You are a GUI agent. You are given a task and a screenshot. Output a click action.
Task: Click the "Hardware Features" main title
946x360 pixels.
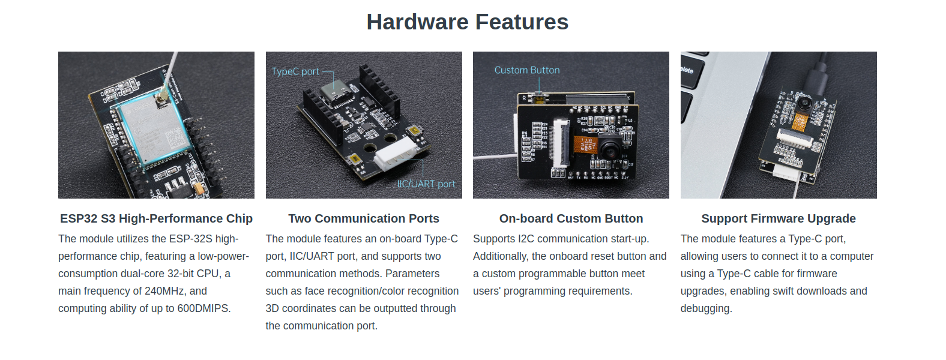[467, 22]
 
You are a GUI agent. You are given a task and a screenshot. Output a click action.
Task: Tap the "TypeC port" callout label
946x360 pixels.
[295, 72]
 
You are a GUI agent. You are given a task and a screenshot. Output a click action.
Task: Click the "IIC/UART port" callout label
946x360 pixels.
[426, 184]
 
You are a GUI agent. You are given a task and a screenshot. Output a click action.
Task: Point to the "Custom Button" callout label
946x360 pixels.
[527, 70]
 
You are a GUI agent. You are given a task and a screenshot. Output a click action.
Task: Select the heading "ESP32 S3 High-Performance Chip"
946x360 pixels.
[156, 218]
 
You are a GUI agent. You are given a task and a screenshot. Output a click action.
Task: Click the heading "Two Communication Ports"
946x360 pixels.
[364, 218]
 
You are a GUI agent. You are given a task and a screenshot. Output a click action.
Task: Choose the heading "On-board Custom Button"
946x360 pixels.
[571, 218]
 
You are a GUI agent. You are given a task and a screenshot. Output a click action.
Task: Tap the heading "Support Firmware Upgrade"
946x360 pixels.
[779, 218]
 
